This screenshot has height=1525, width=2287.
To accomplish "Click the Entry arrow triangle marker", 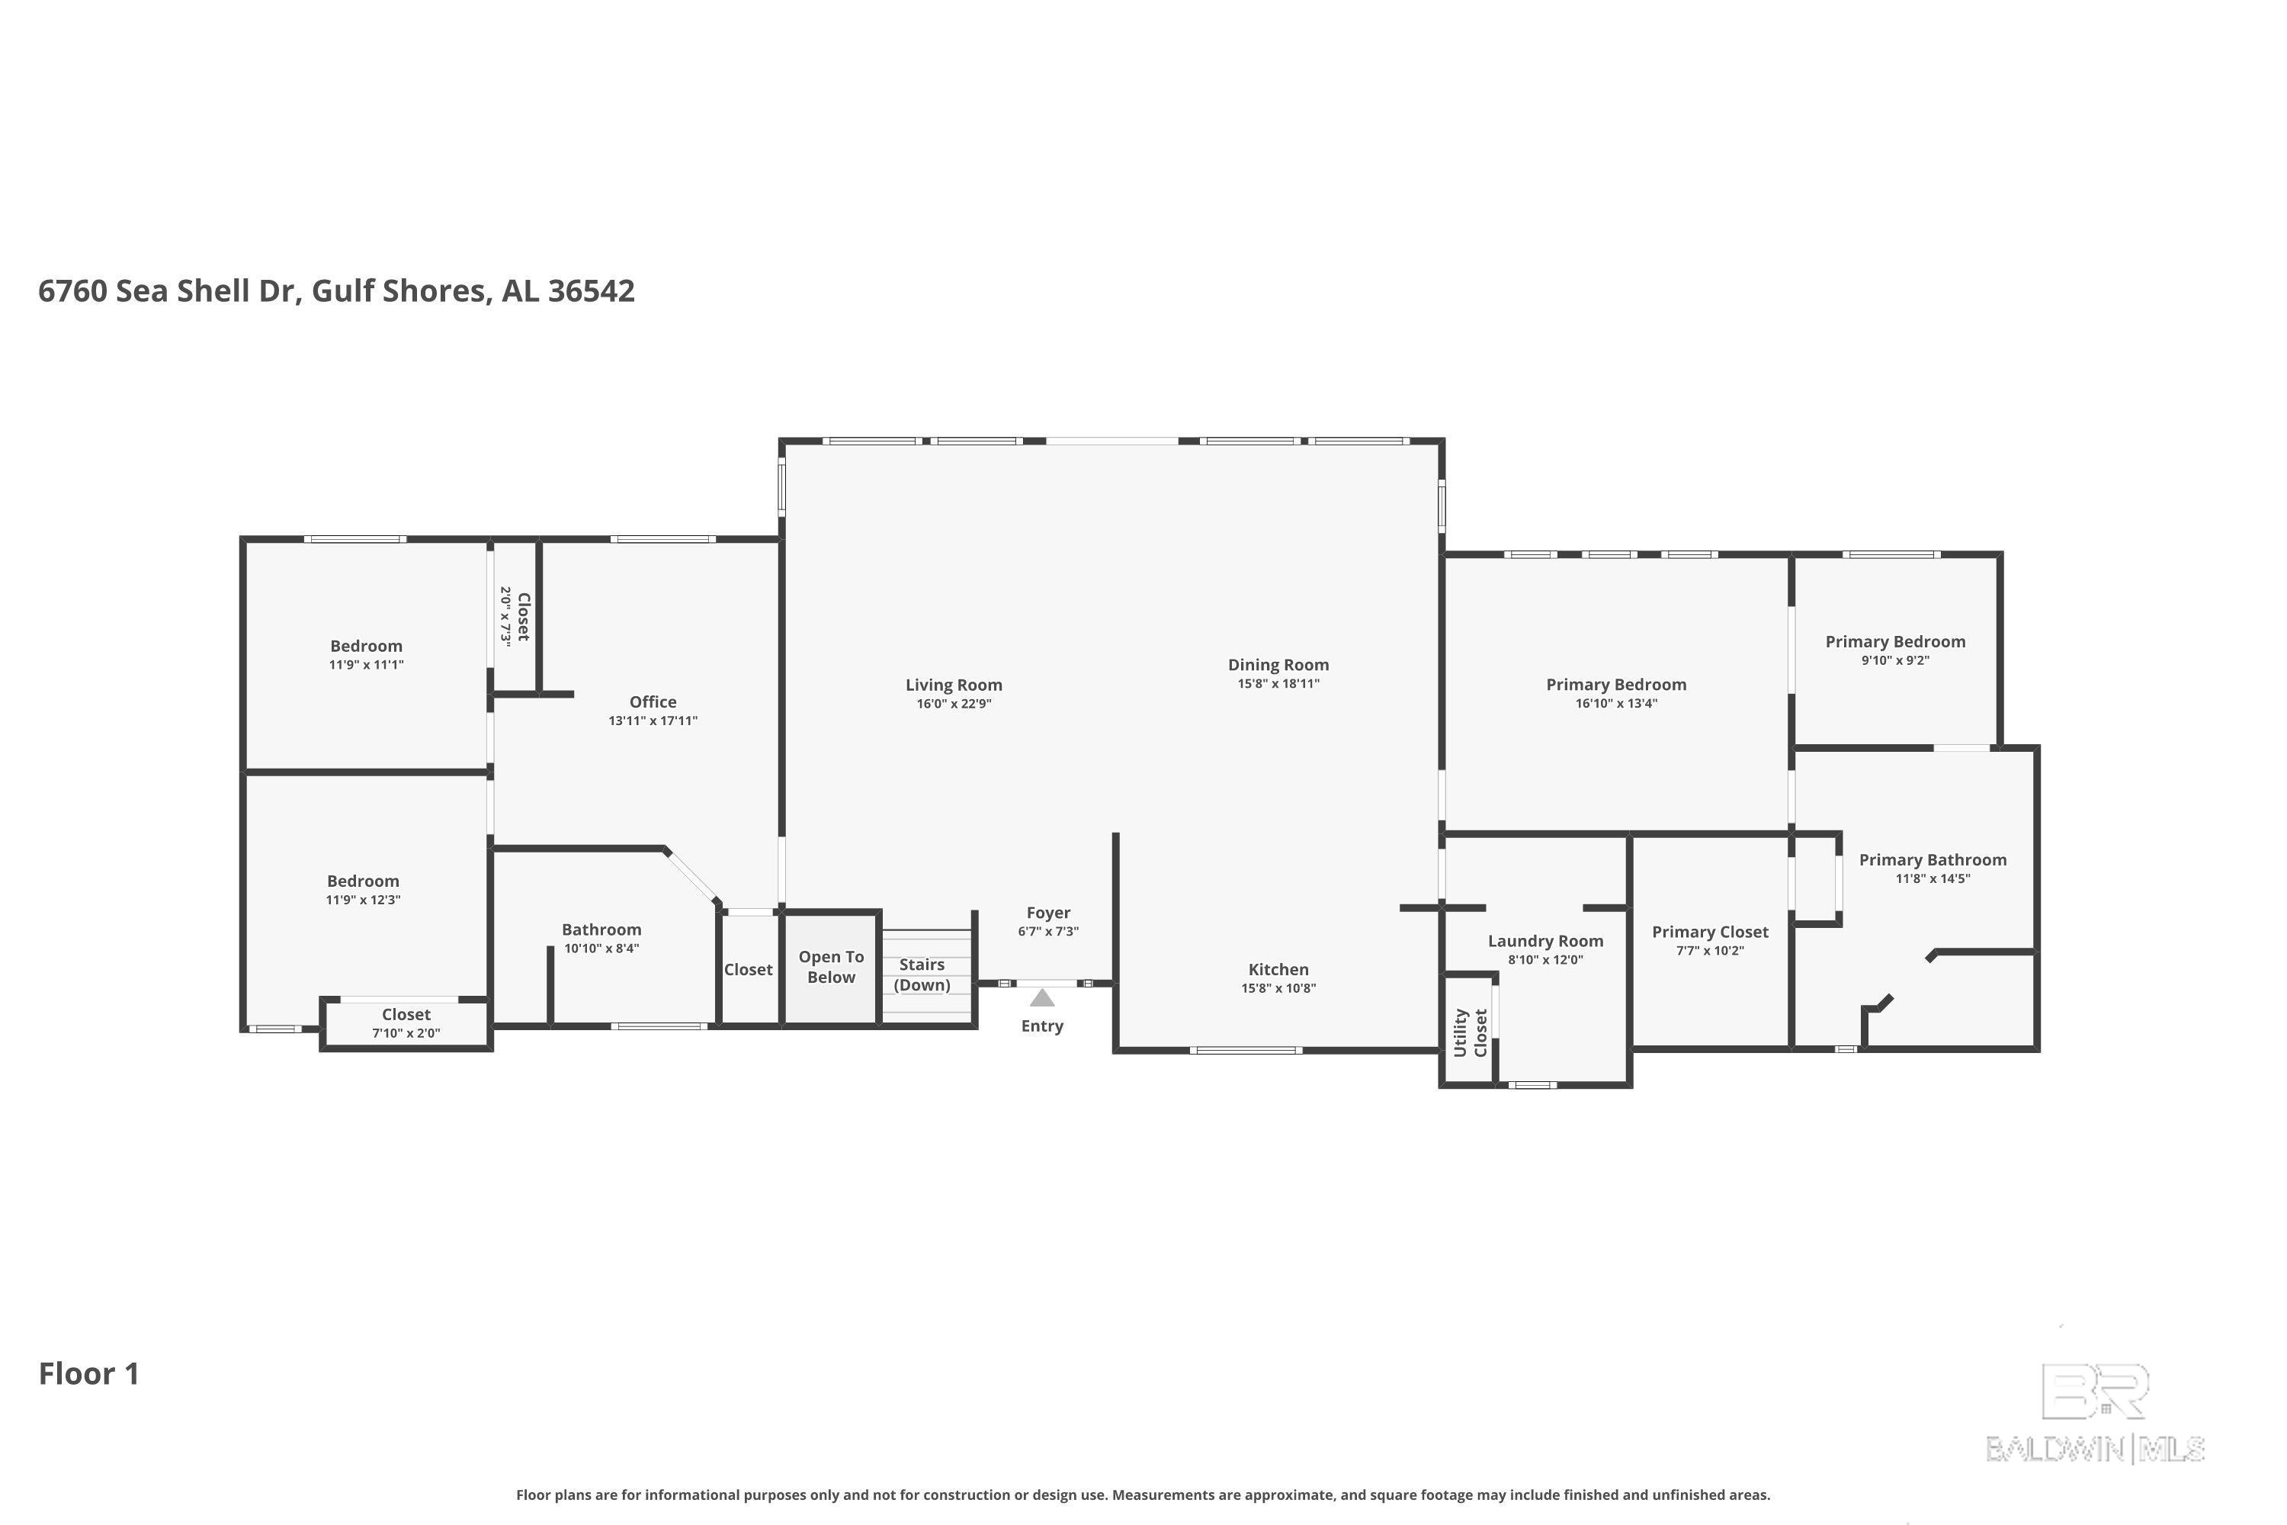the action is pyautogui.click(x=1042, y=998).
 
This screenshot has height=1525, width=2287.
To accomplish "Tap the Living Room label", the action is pyautogui.click(x=954, y=685).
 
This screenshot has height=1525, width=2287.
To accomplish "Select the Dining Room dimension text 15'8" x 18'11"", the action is pyautogui.click(x=1278, y=684).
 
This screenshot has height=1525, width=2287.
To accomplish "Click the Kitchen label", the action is pyautogui.click(x=1278, y=970).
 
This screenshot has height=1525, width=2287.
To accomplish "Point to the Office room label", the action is pyautogui.click(x=653, y=701).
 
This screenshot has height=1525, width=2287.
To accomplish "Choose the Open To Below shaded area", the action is pyautogui.click(x=832, y=968).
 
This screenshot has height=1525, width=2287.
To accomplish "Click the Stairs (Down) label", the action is pyautogui.click(x=922, y=974).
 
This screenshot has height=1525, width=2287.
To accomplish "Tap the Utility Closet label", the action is pyautogui.click(x=1471, y=1032).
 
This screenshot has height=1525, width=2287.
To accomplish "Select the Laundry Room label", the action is pyautogui.click(x=1546, y=940).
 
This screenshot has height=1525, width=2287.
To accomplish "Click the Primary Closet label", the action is pyautogui.click(x=1711, y=932).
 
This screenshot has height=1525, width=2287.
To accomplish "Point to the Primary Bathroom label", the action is pyautogui.click(x=1933, y=860).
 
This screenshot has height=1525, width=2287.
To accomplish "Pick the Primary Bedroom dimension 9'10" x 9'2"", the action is pyautogui.click(x=1896, y=660).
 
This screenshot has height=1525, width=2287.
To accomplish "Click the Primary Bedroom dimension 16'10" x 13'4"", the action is pyautogui.click(x=1617, y=703).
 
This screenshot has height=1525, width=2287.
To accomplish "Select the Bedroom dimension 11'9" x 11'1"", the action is pyautogui.click(x=367, y=664).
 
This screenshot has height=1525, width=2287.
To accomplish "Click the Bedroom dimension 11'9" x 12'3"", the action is pyautogui.click(x=364, y=900).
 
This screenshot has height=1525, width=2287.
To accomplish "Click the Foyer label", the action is pyautogui.click(x=1048, y=912).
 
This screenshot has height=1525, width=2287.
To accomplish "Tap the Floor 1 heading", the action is pyautogui.click(x=89, y=1373).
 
